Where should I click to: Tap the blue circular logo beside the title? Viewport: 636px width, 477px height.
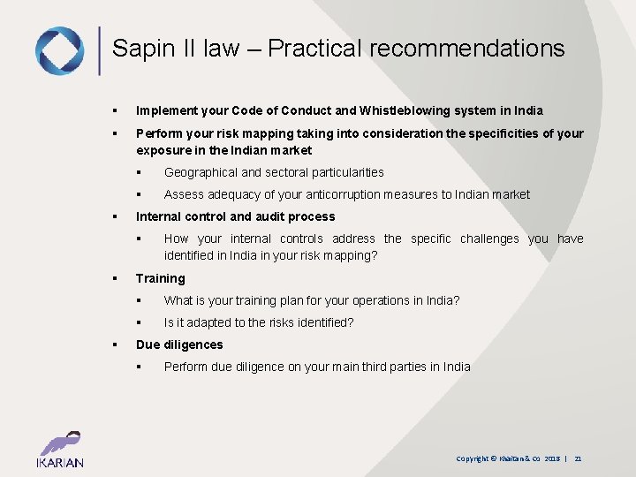click(59, 50)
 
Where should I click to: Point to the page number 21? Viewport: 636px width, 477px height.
click(578, 458)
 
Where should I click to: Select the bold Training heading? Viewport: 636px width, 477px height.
click(160, 278)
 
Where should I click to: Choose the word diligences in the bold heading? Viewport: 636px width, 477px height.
click(194, 344)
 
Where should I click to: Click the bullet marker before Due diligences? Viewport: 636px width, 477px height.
click(115, 344)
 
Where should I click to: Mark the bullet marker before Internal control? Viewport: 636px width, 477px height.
click(115, 216)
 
